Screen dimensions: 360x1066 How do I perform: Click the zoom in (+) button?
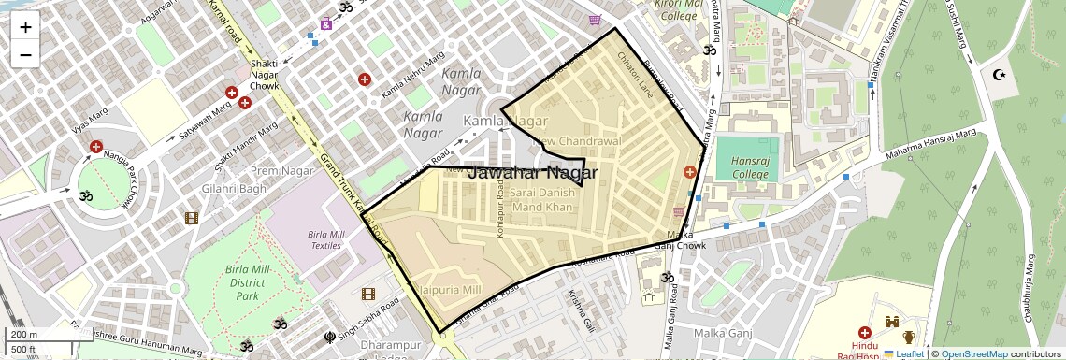(25, 27)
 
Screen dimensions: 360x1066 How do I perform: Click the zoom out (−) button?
(25, 55)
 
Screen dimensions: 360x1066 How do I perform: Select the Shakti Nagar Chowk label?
(265, 75)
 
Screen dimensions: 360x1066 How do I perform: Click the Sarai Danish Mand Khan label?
(542, 199)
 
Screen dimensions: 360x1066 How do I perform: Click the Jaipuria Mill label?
(448, 289)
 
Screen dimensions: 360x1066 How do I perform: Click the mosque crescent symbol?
(997, 74)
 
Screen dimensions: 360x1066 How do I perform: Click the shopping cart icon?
(595, 19)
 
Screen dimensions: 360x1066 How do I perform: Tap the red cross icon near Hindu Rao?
(865, 333)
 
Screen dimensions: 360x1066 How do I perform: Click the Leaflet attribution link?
(908, 354)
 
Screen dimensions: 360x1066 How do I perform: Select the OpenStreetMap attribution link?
(973, 354)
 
